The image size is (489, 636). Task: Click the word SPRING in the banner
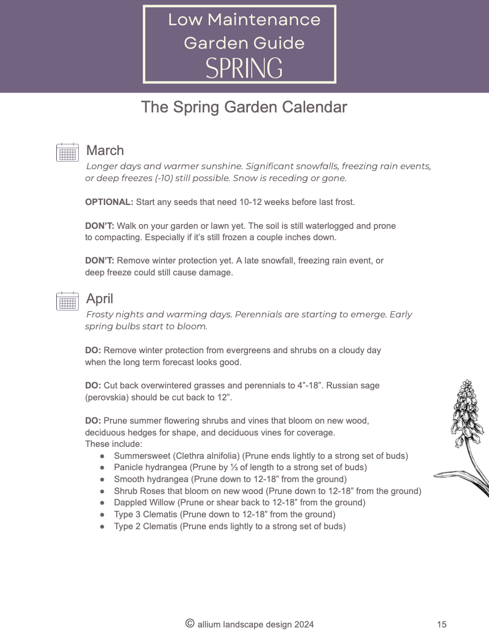[244, 68]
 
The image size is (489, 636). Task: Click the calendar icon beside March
[68, 152]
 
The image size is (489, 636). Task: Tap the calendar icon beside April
[68, 301]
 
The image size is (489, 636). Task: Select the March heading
[105, 150]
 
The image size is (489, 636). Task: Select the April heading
[100, 299]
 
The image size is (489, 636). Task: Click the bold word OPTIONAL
[109, 202]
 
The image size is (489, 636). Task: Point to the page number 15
[442, 625]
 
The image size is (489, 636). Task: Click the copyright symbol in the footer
[190, 624]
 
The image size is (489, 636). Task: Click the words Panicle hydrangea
[151, 467]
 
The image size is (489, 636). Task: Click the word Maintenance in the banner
[264, 20]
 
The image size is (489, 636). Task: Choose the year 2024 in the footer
[304, 625]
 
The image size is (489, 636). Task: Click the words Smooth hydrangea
[151, 479]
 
